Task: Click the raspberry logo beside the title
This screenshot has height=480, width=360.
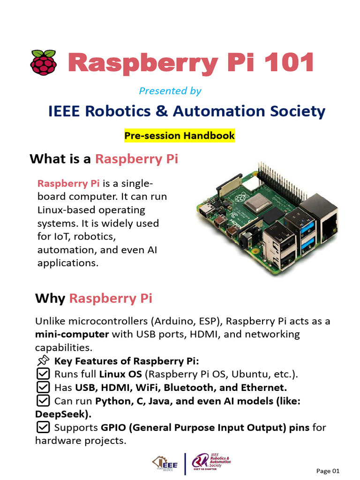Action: pos(44,63)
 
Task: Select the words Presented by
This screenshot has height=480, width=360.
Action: pos(170,91)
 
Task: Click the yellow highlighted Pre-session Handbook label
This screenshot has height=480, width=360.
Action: pos(180,136)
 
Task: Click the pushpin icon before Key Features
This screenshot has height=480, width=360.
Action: pos(43,361)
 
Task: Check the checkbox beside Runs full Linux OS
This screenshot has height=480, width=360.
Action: pos(43,374)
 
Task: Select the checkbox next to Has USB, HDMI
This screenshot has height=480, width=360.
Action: pos(43,388)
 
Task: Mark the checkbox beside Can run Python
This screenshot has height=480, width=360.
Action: pos(43,401)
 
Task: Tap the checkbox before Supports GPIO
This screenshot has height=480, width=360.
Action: pos(43,427)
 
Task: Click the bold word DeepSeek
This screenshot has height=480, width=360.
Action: pos(63,414)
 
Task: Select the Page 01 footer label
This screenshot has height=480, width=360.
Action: pos(328,471)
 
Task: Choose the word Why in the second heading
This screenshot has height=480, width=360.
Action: pos(50,299)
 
